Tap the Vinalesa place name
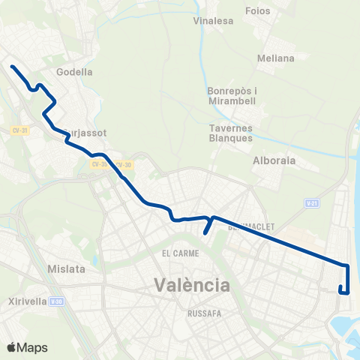click(x=210, y=21)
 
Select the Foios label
click(x=258, y=11)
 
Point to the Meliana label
click(x=275, y=57)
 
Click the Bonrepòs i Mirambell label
click(x=232, y=95)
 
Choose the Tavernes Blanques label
click(x=232, y=132)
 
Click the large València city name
click(x=191, y=285)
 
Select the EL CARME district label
click(x=178, y=253)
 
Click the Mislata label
click(x=66, y=268)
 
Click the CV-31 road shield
click(x=19, y=130)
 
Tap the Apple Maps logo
click(x=27, y=347)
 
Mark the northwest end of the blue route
click(x=12, y=67)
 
